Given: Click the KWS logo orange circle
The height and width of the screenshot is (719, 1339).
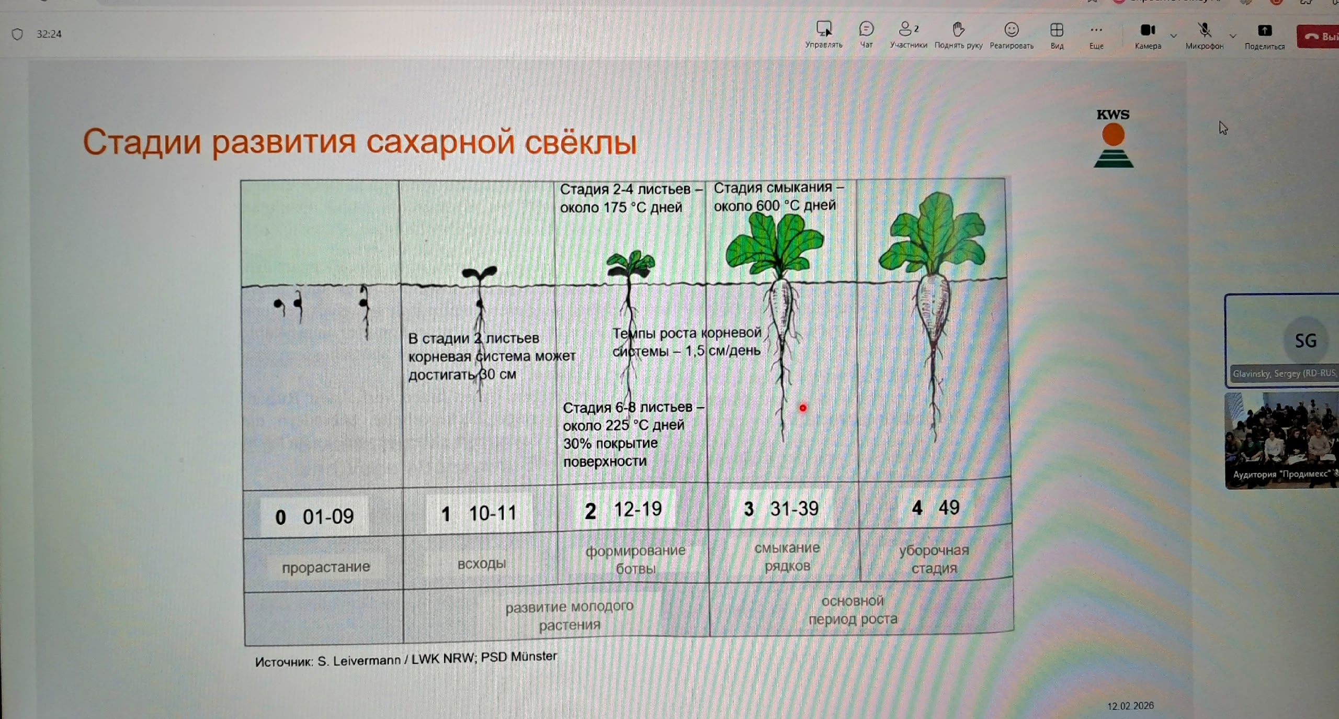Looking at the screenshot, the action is tap(1113, 134).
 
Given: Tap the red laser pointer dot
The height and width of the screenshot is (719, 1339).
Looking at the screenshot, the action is tap(803, 408).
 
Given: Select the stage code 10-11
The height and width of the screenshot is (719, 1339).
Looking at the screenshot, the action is tap(492, 513).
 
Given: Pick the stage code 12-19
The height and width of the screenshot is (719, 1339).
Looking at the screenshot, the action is tap(638, 509).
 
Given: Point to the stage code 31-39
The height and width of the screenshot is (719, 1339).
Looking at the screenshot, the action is tap(794, 508).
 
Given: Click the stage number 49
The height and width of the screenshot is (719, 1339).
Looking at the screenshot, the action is tap(949, 507).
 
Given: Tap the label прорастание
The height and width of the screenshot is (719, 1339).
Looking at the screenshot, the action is tap(326, 567).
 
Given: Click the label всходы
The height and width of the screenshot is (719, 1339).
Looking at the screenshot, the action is tap(482, 564).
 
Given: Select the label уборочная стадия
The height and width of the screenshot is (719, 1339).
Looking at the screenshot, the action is tap(934, 559).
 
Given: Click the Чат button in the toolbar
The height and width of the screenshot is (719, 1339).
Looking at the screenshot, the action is tap(867, 35).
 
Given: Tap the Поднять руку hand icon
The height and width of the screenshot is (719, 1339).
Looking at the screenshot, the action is tap(958, 29).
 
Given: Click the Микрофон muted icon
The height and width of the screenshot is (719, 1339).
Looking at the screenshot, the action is tap(1205, 30).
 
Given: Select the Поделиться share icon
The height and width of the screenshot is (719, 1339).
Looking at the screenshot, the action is tap(1265, 30).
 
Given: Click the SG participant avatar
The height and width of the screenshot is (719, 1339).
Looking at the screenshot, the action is tap(1306, 341).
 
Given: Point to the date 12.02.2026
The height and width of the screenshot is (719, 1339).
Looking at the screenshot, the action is tap(1130, 706).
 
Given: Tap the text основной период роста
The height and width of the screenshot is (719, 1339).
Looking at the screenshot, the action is tap(853, 610).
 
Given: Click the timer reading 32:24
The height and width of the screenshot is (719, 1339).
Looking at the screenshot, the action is tap(49, 34).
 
